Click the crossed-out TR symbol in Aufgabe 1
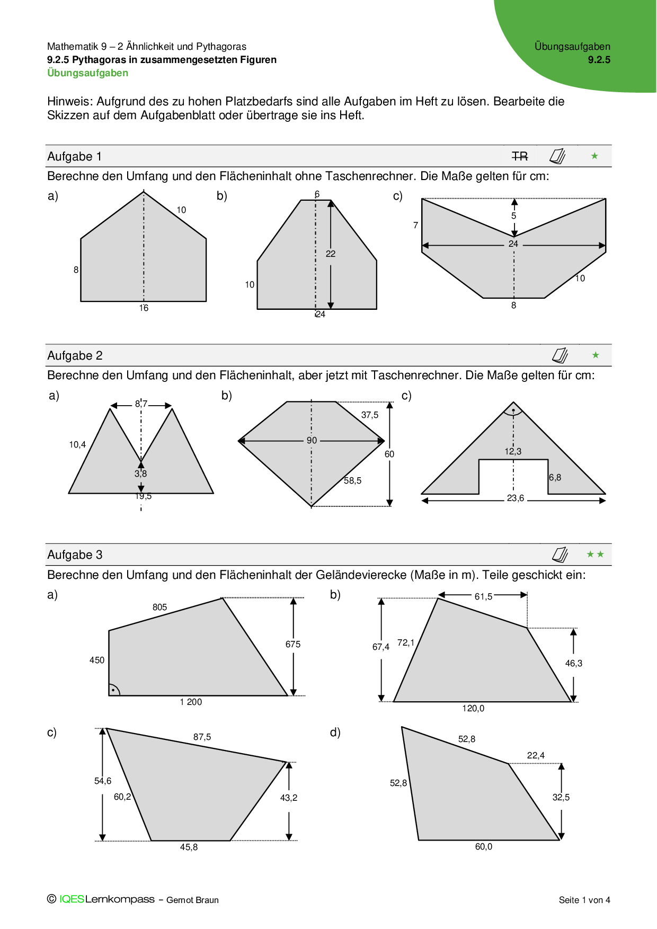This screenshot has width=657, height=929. coord(520,156)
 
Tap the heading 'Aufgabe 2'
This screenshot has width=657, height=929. coord(75,355)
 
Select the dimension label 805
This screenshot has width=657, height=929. coord(159,607)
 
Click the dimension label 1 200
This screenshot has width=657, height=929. coord(191,702)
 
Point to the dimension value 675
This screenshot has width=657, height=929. coord(293,644)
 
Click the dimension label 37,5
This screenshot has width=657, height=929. coord(370,415)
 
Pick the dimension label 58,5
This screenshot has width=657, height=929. coord(352,480)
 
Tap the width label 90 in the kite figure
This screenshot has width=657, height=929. coord(312,440)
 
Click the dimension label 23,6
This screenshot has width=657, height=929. coord(515,498)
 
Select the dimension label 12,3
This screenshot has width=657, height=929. coord(512,451)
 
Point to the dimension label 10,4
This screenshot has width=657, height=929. coord(77,444)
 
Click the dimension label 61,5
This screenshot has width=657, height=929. coord(483,596)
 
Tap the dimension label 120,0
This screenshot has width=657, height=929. coord(473,708)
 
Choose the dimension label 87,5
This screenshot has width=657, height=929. coord(202,737)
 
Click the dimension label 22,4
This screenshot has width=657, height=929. coord(536,755)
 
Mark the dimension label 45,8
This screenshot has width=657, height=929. coord(189,847)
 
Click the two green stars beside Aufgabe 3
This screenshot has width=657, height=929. coord(595,555)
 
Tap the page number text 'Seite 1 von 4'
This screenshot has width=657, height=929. coord(584,900)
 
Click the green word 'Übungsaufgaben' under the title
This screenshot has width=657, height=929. coord(88,73)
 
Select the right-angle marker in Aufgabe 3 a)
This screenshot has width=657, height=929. coord(113,690)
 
